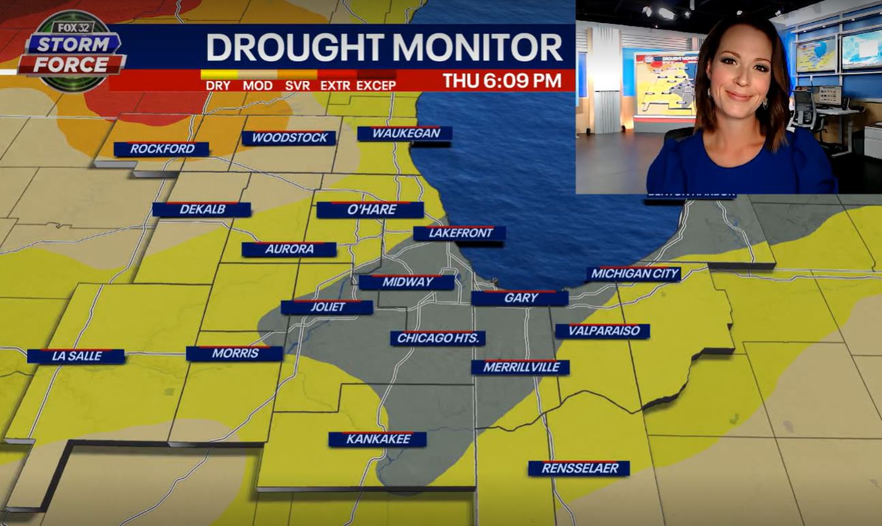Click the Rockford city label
tap(162, 149)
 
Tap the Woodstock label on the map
tap(289, 138)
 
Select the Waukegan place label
tap(406, 134)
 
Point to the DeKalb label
tap(202, 209)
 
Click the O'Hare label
tap(371, 210)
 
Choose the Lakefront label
tap(459, 233)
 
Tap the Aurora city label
tap(289, 249)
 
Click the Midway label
tap(407, 282)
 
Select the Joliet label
tap(327, 307)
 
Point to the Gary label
tap(521, 298)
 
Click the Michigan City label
tap(635, 274)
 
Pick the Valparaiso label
tap(603, 331)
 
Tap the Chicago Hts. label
tap(438, 338)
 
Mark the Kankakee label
tap(378, 439)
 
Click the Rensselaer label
tap(579, 468)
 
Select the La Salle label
tap(76, 356)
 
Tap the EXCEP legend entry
tap(376, 85)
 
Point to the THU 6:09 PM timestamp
tap(502, 80)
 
